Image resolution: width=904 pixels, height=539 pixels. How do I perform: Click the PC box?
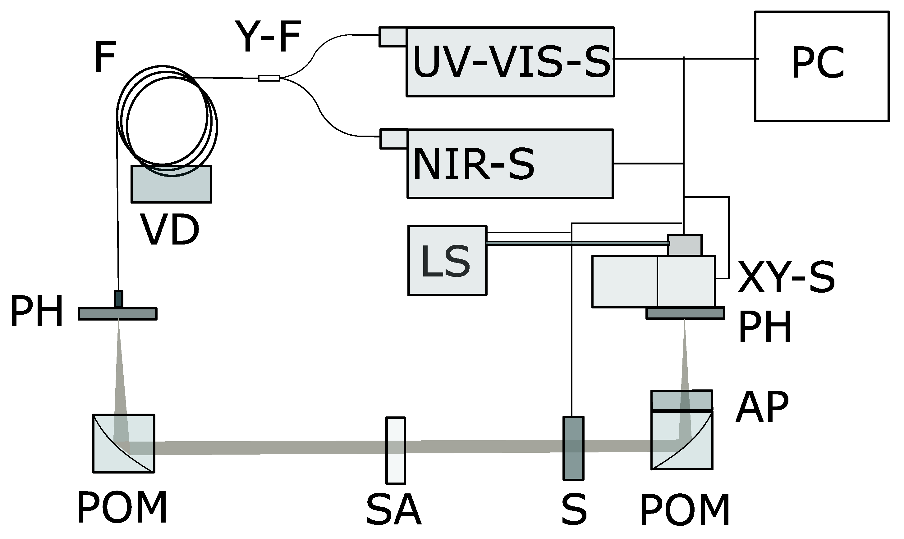[x=822, y=66]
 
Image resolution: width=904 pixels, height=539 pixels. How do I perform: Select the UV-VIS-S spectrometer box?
[x=510, y=62]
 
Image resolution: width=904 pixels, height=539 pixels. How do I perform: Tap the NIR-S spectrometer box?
[x=510, y=164]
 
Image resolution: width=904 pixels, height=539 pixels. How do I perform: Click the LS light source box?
[x=447, y=260]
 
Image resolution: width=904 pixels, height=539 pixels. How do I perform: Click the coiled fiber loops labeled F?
[x=167, y=120]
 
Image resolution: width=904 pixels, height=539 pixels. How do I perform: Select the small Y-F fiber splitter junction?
[x=269, y=78]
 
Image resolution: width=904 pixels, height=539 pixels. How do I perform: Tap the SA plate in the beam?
[x=395, y=450]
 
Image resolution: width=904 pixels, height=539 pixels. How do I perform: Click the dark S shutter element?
[x=573, y=449]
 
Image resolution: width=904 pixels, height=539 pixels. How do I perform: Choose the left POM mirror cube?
[x=124, y=443]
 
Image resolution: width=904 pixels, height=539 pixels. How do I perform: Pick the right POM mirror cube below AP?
[x=681, y=440]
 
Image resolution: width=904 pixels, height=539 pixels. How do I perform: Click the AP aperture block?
[x=681, y=400]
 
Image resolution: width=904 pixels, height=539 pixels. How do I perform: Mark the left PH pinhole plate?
[x=117, y=314]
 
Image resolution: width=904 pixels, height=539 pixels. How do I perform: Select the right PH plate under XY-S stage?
[x=685, y=313]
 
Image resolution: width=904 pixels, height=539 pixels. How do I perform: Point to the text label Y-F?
[x=268, y=36]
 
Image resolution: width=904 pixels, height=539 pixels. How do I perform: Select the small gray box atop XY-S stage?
[x=685, y=245]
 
